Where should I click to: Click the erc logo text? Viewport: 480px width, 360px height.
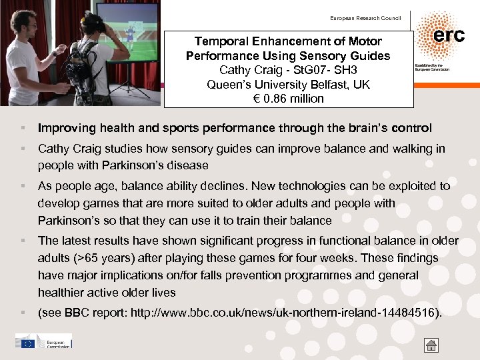pyautogui.click(x=449, y=35)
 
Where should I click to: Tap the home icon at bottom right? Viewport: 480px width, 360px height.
pyautogui.click(x=431, y=345)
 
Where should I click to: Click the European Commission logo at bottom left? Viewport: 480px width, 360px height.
pyautogui.click(x=43, y=342)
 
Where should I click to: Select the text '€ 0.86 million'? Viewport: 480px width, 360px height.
pyautogui.click(x=289, y=99)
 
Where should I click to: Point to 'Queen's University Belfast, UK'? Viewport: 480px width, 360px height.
pyautogui.click(x=289, y=85)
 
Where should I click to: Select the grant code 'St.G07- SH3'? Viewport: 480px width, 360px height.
pyautogui.click(x=316, y=70)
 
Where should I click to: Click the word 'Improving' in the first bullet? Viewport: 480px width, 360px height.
pyautogui.click(x=64, y=128)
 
